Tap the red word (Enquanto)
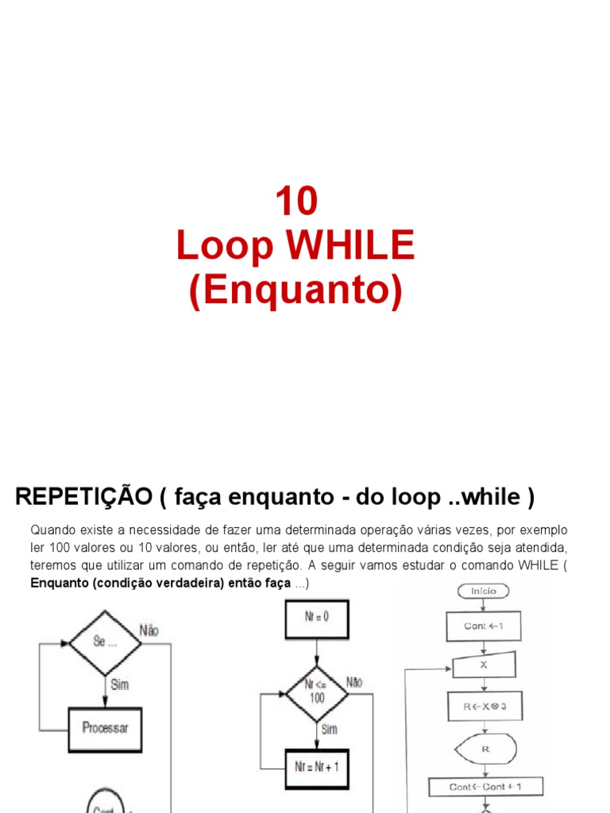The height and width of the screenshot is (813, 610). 296,291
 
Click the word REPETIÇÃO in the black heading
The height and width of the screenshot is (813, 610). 83,497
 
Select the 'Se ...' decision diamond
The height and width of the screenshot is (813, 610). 106,642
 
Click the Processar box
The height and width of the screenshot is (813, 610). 106,727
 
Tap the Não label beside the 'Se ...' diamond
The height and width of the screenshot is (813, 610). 149,630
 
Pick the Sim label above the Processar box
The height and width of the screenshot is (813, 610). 119,684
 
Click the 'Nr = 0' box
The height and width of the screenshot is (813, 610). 316,619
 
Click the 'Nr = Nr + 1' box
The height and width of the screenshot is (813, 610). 316,766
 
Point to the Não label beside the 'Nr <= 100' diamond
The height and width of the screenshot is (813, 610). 354,681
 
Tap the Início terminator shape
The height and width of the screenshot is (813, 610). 483,591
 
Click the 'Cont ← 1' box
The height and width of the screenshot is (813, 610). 484,626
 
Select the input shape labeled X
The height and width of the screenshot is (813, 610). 484,665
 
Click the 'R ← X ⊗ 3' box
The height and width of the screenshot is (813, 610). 484,706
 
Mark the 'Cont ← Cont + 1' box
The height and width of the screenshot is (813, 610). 485,787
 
